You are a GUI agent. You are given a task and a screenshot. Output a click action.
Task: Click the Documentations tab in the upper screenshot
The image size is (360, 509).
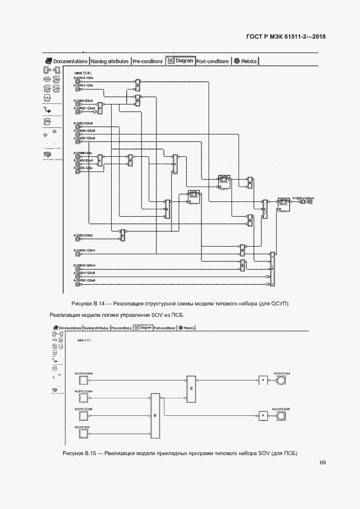66,61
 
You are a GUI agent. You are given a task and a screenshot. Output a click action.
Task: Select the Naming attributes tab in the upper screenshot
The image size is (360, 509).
109,61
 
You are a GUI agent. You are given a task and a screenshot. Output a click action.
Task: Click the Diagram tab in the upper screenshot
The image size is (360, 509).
181,61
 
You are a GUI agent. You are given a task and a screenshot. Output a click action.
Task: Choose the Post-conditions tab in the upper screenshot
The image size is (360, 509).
212,61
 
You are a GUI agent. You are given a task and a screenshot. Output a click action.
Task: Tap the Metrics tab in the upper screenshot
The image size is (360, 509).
246,61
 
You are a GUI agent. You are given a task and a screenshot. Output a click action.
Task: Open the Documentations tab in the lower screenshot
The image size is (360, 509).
68,328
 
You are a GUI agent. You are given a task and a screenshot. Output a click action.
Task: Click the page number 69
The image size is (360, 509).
323,463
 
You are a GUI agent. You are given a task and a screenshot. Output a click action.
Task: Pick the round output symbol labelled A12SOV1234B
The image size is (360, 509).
281,416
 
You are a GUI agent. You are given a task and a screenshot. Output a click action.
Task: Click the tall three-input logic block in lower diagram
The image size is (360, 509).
155,416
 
